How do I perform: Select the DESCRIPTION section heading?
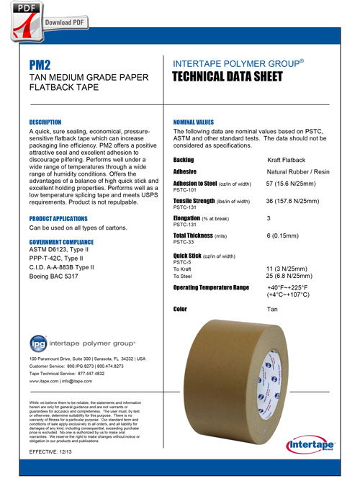click(45, 123)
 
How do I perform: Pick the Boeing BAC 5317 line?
click(53, 277)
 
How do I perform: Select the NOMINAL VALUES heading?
click(194, 123)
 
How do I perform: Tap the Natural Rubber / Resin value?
click(297, 173)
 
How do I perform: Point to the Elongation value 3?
click(269, 217)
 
